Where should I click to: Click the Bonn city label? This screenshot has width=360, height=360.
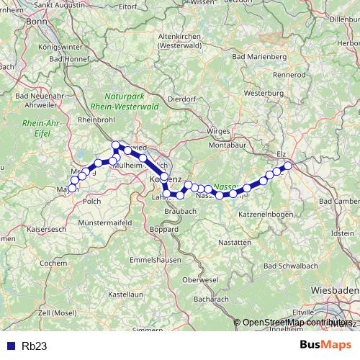(x=35, y=21)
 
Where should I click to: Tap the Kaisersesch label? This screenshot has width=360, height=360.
(x=27, y=235)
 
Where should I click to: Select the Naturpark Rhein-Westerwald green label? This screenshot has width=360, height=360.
(x=130, y=101)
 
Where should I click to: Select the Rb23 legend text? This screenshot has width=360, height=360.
(x=34, y=346)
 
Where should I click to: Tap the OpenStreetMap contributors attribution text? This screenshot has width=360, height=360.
(x=298, y=323)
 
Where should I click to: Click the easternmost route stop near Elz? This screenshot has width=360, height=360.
(x=288, y=166)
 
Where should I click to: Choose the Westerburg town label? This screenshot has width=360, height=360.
(x=263, y=94)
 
